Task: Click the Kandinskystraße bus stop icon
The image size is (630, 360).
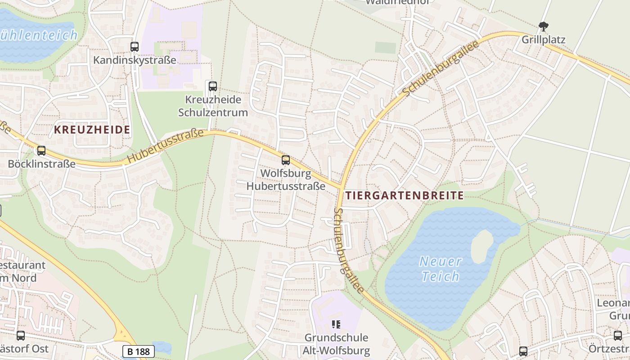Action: click(135, 46)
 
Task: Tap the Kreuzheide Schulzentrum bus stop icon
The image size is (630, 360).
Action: click(213, 85)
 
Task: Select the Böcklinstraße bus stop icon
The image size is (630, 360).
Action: click(41, 151)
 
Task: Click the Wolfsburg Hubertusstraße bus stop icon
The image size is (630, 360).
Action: click(285, 160)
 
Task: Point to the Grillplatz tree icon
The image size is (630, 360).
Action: click(544, 27)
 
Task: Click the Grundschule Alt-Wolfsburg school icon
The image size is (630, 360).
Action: click(336, 324)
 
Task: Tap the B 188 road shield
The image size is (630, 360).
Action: click(138, 351)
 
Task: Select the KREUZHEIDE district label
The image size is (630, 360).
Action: click(92, 130)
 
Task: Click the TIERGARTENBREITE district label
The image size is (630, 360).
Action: click(405, 195)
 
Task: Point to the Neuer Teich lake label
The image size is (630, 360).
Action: click(440, 269)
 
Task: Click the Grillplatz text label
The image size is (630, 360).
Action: click(544, 40)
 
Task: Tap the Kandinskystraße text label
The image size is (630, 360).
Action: click(135, 60)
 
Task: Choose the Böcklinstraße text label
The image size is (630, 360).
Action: click(41, 164)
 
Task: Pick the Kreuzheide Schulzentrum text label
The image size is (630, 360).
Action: click(213, 106)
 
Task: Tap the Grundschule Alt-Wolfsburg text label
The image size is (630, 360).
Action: click(337, 344)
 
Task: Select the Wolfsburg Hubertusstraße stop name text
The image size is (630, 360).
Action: click(286, 180)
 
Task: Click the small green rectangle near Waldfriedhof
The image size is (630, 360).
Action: click(385, 48)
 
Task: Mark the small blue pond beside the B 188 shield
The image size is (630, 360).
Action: click(162, 347)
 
